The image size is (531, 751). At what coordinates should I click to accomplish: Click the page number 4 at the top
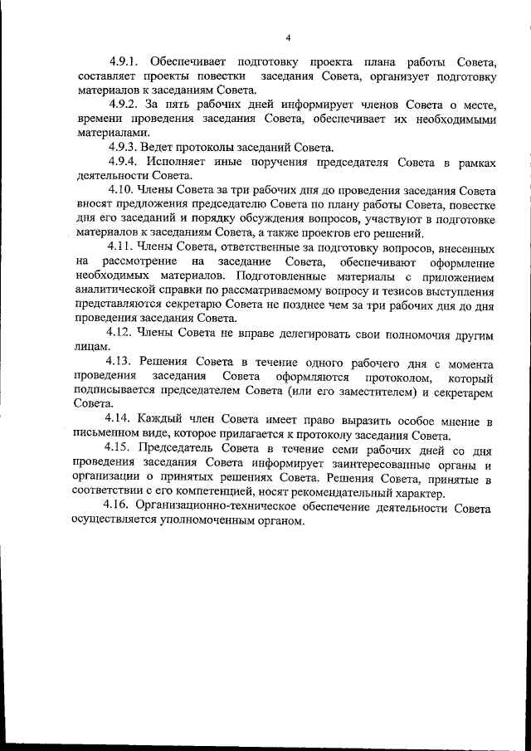click(x=287, y=37)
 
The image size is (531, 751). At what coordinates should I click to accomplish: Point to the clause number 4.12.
click(x=123, y=334)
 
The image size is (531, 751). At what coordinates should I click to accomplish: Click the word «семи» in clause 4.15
click(x=340, y=450)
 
